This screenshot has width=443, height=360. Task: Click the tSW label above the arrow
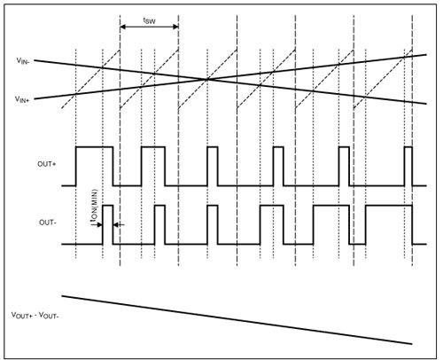pyautogui.click(x=149, y=20)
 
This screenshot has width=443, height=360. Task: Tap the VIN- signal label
pyautogui.click(x=23, y=61)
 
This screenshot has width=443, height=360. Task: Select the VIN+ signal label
pyautogui.click(x=22, y=99)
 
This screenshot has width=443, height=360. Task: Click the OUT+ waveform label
pyautogui.click(x=46, y=164)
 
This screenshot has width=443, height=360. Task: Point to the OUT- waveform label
pyautogui.click(x=47, y=223)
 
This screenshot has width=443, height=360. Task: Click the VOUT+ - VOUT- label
pyautogui.click(x=35, y=316)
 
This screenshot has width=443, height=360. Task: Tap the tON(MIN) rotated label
pyautogui.click(x=94, y=205)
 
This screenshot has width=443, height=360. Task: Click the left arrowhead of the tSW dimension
pyautogui.click(x=123, y=27)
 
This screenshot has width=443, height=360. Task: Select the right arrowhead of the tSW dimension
pyautogui.click(x=175, y=27)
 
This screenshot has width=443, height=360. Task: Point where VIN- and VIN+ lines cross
pyautogui.click(x=207, y=79)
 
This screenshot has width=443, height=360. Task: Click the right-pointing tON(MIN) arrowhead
pyautogui.click(x=100, y=225)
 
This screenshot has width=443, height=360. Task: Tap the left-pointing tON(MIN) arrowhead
pyautogui.click(x=116, y=225)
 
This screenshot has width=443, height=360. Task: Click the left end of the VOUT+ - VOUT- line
pyautogui.click(x=62, y=295)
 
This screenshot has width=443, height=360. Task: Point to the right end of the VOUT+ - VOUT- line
pyautogui.click(x=412, y=344)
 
